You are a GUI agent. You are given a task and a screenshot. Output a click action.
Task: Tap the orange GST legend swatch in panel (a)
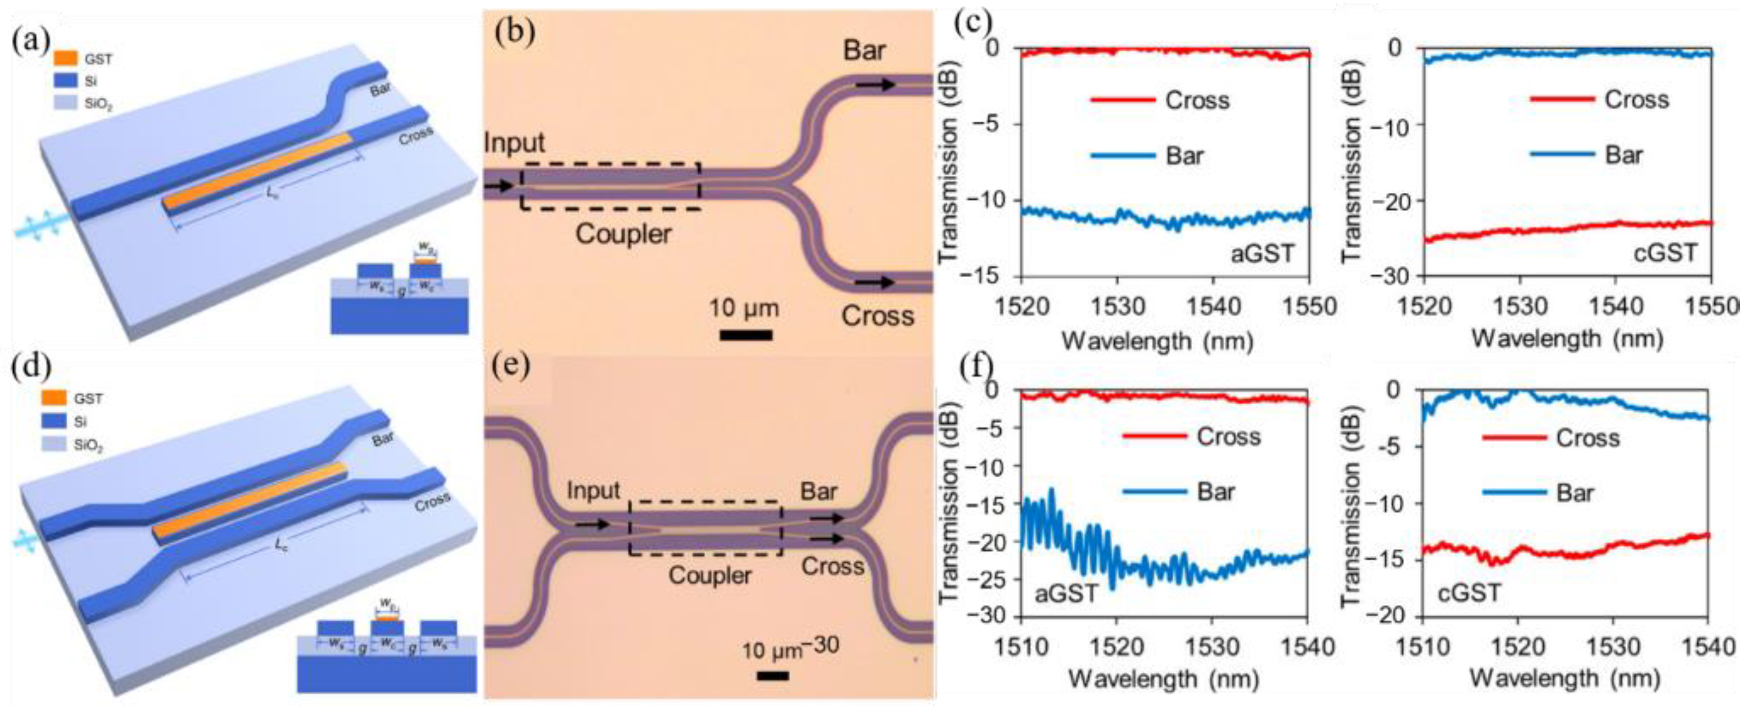66,59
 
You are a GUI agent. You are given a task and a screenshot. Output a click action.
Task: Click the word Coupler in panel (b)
623,234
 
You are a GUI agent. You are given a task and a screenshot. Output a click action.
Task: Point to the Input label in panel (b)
514,143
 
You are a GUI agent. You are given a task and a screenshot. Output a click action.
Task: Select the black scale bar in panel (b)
746,334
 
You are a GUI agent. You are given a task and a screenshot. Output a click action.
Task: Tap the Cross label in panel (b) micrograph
877,316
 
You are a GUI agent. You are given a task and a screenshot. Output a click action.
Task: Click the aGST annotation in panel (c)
1262,254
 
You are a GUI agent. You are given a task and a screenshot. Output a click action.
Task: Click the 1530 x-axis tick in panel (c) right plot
1520,306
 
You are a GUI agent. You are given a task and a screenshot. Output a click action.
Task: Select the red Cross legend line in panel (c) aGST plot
1123,100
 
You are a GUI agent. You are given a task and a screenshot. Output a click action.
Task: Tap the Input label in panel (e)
593,490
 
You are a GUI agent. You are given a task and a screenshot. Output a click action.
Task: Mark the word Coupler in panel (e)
710,576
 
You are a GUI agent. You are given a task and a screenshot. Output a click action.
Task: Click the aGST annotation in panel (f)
1065,593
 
